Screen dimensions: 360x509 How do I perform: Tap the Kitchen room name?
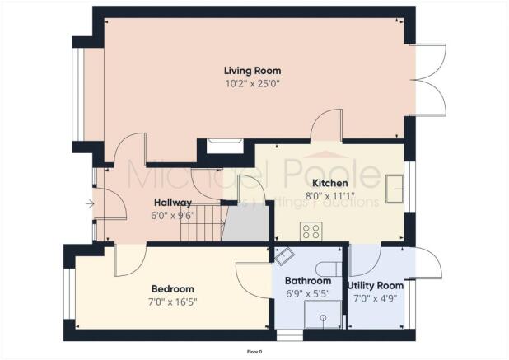coord(329,183)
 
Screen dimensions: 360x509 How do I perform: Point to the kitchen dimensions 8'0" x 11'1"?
coord(329,196)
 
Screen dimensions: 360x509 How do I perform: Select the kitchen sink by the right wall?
coord(393,189)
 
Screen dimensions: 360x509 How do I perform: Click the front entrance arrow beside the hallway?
coord(88,203)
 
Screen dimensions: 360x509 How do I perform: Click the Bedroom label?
coord(173,288)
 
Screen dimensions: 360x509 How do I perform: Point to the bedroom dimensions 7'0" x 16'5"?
coord(173,302)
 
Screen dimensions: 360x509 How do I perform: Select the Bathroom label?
coord(302,280)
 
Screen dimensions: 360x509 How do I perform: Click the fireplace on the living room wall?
coord(223,146)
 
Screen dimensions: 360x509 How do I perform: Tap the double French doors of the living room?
coord(427,79)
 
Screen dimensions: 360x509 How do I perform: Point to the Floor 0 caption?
coord(254,352)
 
